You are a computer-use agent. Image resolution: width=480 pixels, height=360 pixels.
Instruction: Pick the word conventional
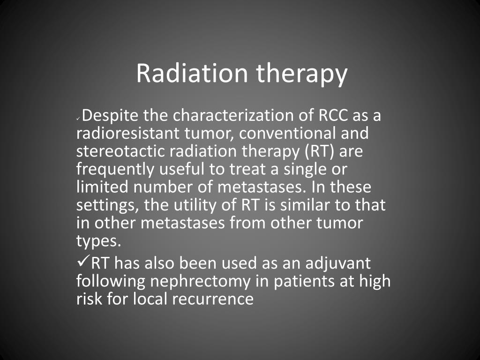tap(287, 134)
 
